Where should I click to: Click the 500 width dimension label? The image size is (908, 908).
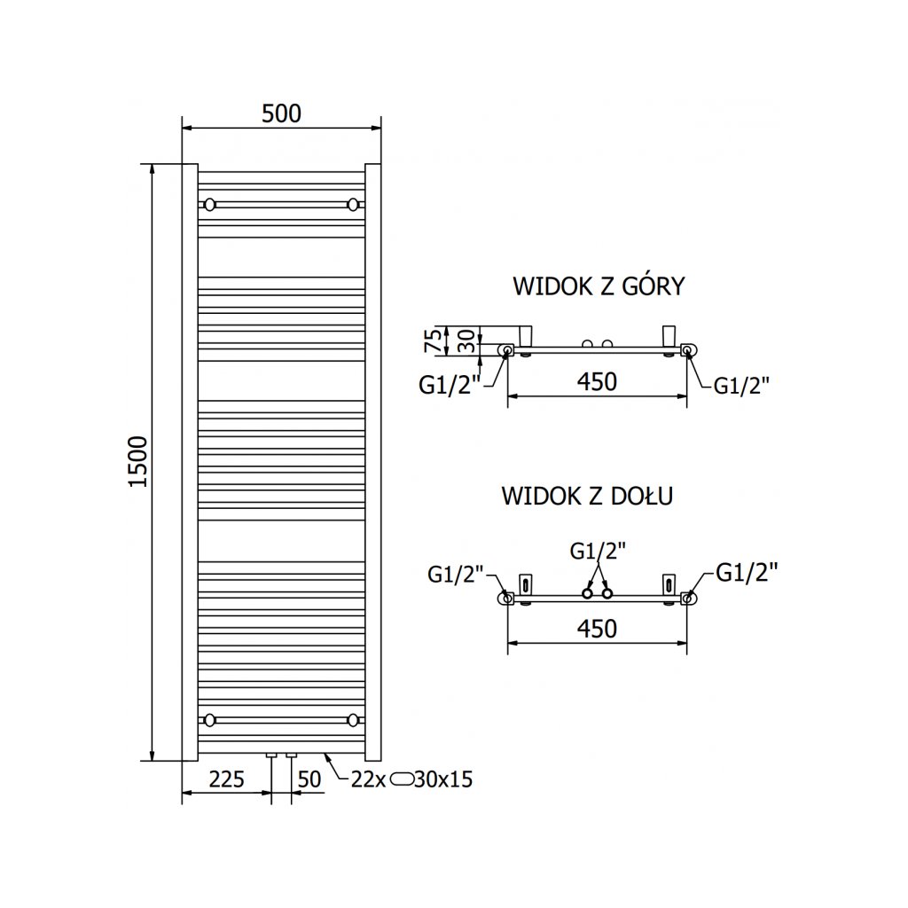[281, 113]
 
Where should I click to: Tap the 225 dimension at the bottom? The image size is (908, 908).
[227, 780]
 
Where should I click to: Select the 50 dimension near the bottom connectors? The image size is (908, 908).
[309, 780]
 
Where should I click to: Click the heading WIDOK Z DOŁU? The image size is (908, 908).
[587, 495]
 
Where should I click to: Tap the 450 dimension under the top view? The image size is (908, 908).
[597, 382]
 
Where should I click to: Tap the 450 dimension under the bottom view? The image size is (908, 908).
[597, 629]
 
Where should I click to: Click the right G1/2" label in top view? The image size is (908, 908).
[741, 385]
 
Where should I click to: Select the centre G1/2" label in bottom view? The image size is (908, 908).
[597, 550]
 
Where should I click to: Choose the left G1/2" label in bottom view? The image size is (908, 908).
[455, 575]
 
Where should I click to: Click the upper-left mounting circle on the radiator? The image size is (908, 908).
[210, 205]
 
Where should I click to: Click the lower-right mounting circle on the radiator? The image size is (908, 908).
[354, 718]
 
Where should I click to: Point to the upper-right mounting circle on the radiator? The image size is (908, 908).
[354, 205]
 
